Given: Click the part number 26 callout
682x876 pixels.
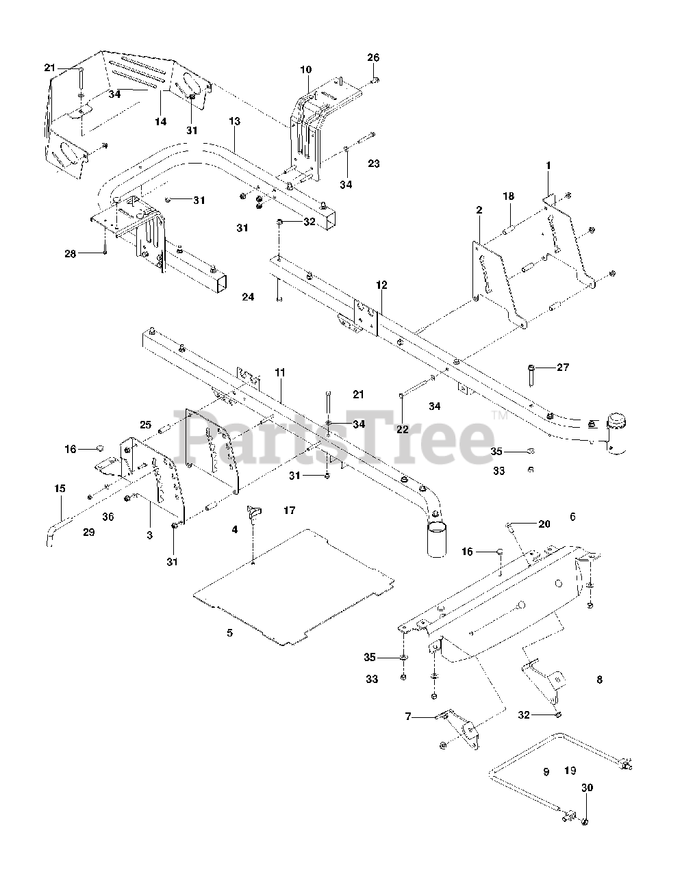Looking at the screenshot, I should (373, 57).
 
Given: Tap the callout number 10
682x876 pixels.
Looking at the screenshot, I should (305, 69).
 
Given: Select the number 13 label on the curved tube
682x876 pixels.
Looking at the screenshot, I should (234, 121).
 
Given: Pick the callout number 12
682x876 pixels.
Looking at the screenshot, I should (381, 284).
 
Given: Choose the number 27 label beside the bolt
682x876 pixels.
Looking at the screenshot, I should (562, 368).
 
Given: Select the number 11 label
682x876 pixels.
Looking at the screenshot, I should (279, 372).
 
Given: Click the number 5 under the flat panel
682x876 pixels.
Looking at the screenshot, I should (229, 633).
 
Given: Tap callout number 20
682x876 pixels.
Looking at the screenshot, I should (544, 524).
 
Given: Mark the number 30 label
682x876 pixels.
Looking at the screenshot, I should (587, 788).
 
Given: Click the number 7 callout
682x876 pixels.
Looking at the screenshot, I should (408, 717).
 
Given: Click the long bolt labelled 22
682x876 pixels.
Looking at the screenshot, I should (416, 386).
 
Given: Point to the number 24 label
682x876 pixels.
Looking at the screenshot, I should (248, 297).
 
